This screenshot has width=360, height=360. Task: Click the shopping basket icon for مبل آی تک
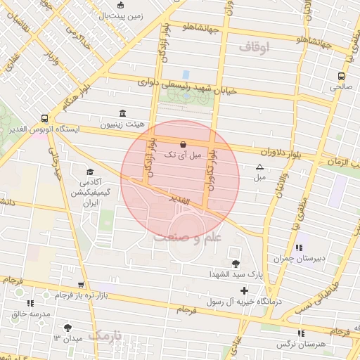[x=183, y=141]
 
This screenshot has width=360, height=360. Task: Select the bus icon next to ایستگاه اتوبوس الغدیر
[x=45, y=118]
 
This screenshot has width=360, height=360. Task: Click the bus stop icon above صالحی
[x=340, y=76]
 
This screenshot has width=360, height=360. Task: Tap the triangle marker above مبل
[x=260, y=167]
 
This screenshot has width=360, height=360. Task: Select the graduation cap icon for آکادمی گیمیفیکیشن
[x=90, y=172]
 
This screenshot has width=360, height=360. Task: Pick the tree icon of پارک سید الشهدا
[x=235, y=262]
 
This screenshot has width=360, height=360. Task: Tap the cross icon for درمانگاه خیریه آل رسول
[x=244, y=290]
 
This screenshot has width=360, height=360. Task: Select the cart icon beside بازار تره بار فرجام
[x=82, y=285]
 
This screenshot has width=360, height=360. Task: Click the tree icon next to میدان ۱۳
[x=68, y=328]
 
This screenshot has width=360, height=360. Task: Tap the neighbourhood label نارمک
[x=105, y=335]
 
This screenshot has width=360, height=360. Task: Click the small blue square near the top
[x=186, y=74]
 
